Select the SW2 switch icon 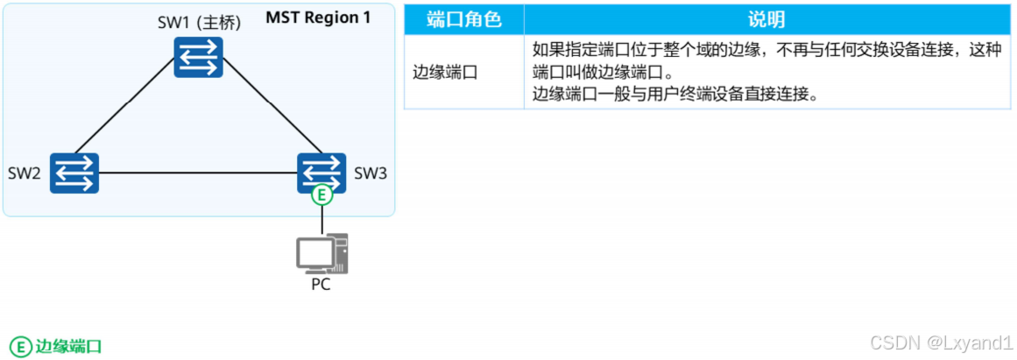click(74, 173)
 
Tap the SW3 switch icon click(321, 171)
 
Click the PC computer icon click(321, 254)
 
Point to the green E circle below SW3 click(322, 195)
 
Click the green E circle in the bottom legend click(21, 345)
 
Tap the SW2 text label click(25, 173)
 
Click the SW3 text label click(370, 173)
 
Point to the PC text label click(321, 284)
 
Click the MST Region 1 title click(318, 18)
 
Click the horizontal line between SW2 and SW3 click(197, 172)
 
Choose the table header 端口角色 click(463, 19)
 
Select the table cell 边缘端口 click(445, 72)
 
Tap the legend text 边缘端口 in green click(68, 346)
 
